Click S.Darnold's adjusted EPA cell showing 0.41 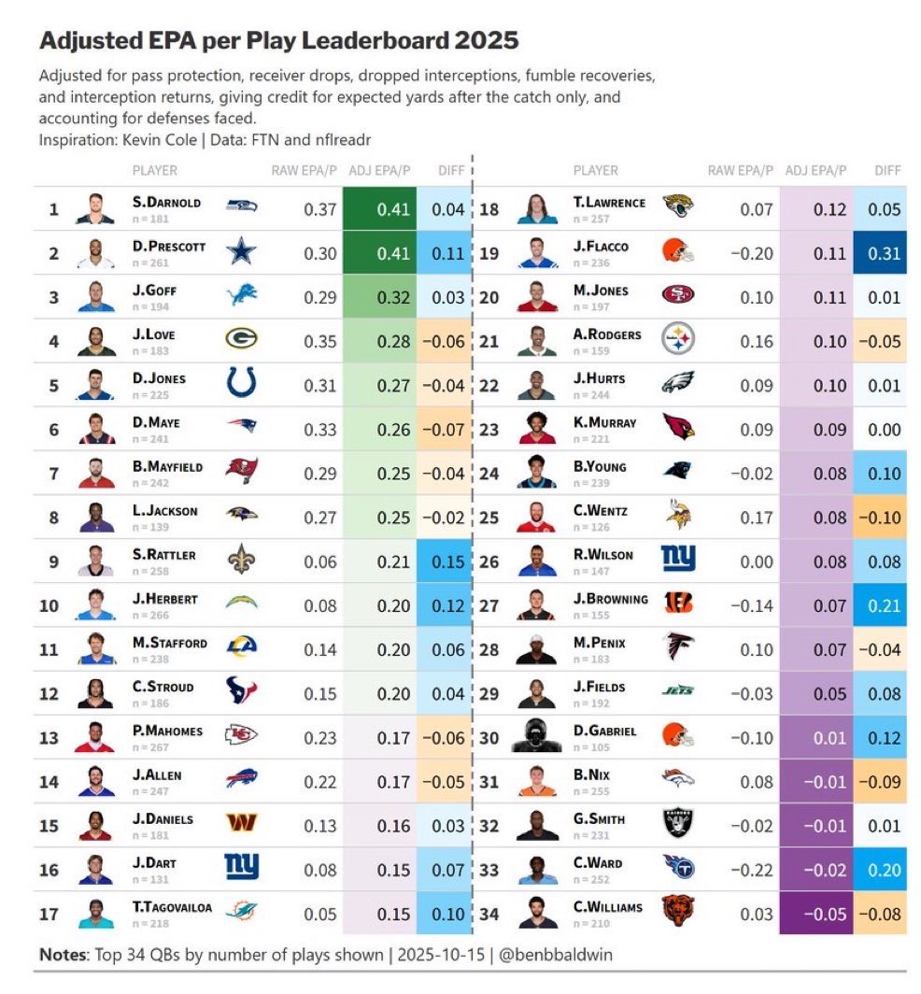tap(379, 209)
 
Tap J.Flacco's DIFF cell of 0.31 tap(879, 253)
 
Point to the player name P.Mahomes tap(167, 731)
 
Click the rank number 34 tap(489, 914)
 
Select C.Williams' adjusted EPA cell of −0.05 tap(815, 914)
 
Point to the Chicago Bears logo tap(678, 911)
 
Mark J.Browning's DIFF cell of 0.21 tap(879, 605)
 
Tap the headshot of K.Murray tap(535, 429)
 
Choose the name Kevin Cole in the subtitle tap(152, 139)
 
